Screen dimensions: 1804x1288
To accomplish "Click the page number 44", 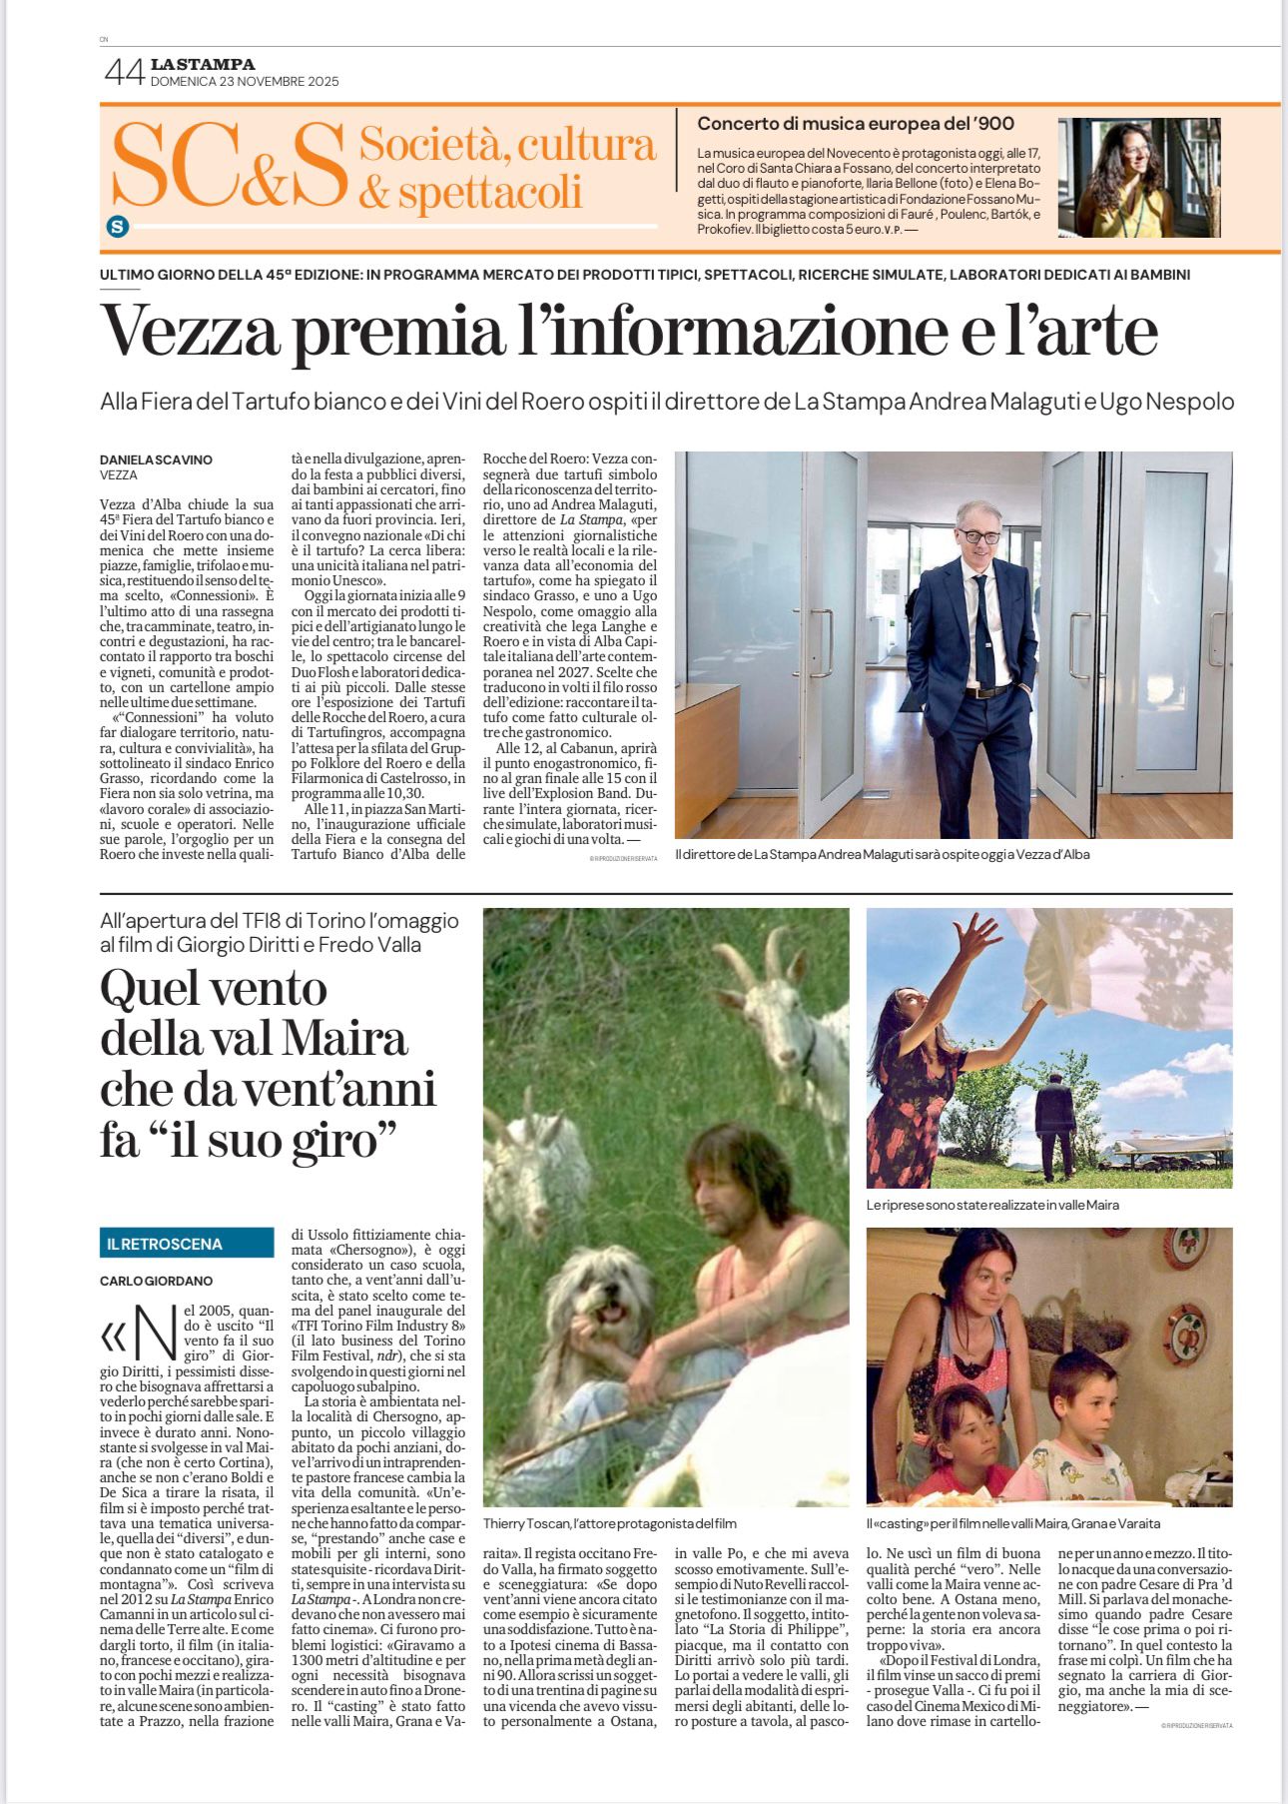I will pyautogui.click(x=124, y=72).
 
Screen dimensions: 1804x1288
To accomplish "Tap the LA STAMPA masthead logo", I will pyautogui.click(x=203, y=65).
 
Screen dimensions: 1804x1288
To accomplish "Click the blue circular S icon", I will pyautogui.click(x=118, y=227).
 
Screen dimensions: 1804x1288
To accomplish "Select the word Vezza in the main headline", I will pyautogui.click(x=189, y=331).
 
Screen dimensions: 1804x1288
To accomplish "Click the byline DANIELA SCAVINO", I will pyautogui.click(x=156, y=459).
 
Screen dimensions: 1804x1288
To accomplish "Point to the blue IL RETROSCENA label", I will pyautogui.click(x=187, y=1244).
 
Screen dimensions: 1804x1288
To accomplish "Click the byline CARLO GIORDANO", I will pyautogui.click(x=156, y=1281).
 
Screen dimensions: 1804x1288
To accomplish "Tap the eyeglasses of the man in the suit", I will pyautogui.click(x=979, y=536).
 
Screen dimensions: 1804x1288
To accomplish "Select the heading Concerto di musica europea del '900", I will pyautogui.click(x=855, y=124).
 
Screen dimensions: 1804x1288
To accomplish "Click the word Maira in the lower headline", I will pyautogui.click(x=344, y=1039).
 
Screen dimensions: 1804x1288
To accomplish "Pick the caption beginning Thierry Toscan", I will pyautogui.click(x=609, y=1523).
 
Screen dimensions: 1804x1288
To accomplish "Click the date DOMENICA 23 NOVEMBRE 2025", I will pyautogui.click(x=245, y=82).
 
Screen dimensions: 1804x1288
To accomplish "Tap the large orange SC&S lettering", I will pyautogui.click(x=230, y=165).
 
